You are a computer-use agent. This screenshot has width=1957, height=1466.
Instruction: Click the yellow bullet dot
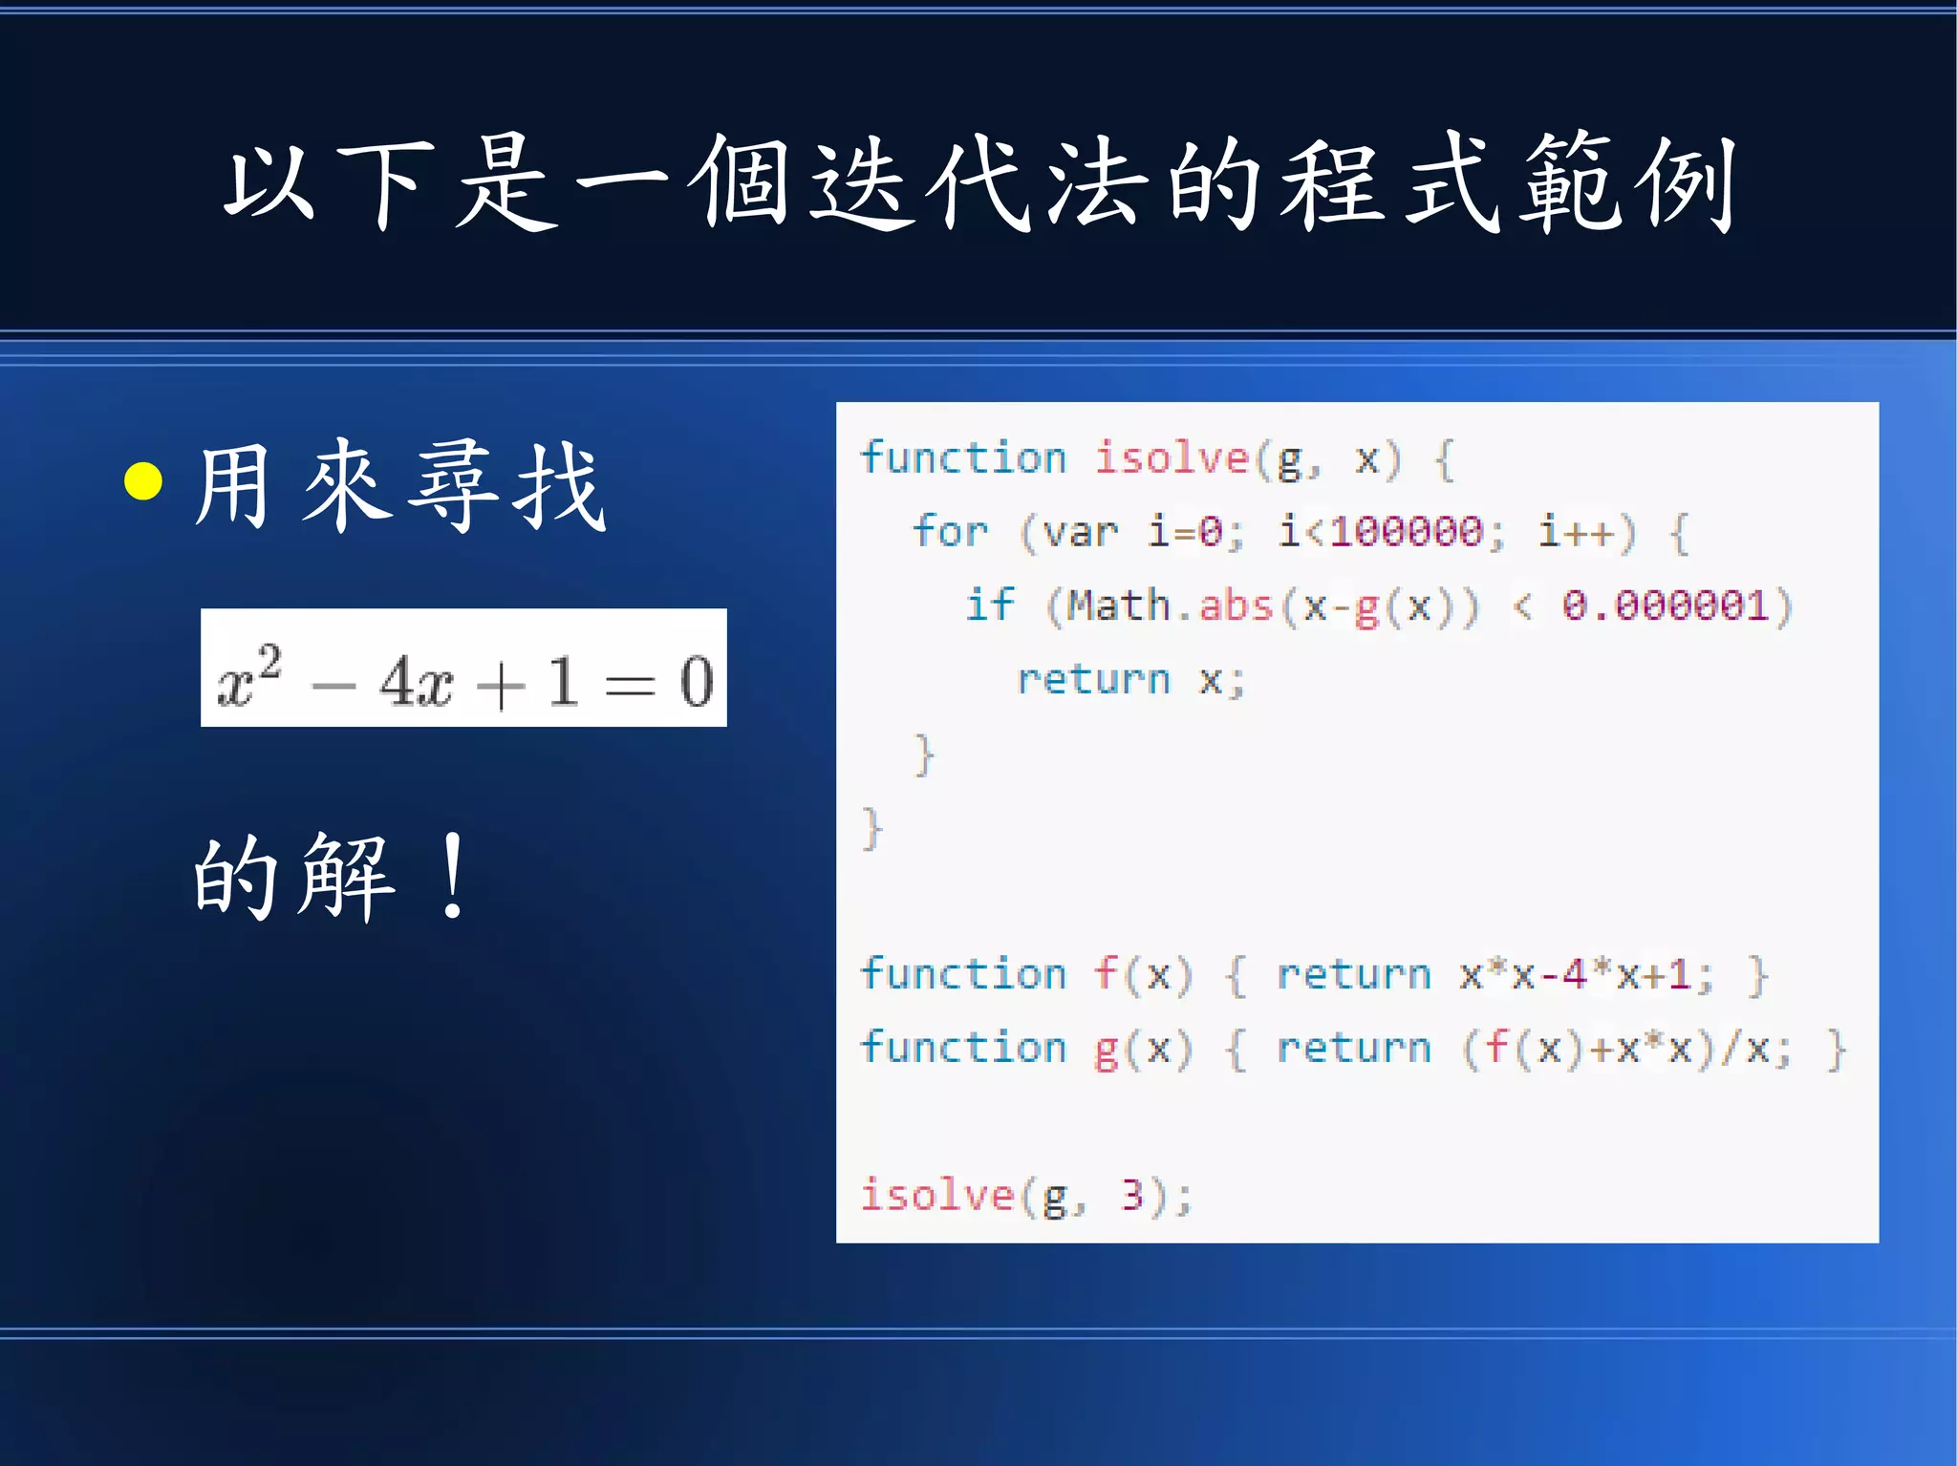[x=143, y=481]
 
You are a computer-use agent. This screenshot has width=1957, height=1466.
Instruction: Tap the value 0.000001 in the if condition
[x=1665, y=606]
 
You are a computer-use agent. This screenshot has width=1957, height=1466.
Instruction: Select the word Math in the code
[x=1118, y=606]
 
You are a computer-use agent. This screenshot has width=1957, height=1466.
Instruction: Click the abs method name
[x=1236, y=606]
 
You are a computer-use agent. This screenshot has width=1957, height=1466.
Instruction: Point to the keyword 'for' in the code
[x=950, y=531]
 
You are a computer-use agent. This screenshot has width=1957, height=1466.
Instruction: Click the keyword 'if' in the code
[x=989, y=606]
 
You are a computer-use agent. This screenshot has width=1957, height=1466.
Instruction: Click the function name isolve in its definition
[x=1172, y=458]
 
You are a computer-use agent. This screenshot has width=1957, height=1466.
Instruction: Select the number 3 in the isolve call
[x=1132, y=1195]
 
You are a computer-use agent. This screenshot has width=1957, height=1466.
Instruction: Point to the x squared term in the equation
[x=248, y=677]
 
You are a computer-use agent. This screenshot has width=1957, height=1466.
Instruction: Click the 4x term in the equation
[x=416, y=682]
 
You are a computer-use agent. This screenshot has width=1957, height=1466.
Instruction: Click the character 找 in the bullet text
[x=559, y=486]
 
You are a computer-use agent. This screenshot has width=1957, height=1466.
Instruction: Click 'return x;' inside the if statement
[x=1131, y=680]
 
